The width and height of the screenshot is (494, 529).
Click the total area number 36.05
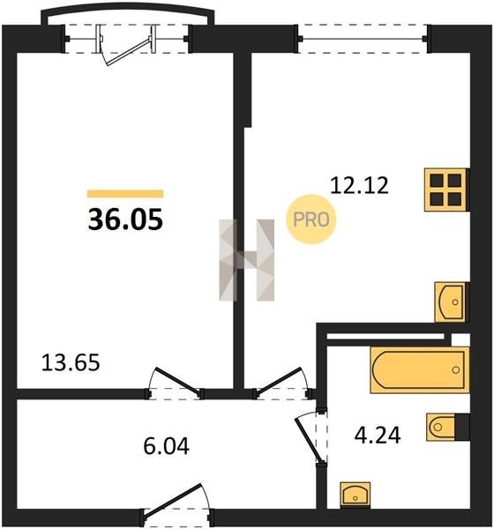coord(125,220)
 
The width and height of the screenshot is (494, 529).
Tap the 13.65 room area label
coord(71,362)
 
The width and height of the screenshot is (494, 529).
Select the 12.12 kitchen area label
coord(359,185)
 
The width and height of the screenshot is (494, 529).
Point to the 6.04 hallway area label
coord(166,446)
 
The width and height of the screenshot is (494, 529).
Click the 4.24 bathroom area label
coord(378,436)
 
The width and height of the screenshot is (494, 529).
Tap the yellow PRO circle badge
coord(311,220)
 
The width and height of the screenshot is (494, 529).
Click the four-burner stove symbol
coord(446,190)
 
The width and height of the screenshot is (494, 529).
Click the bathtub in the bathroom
coord(420,369)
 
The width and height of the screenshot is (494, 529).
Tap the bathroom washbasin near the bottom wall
coord(356,495)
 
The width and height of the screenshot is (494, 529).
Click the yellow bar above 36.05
coord(125,194)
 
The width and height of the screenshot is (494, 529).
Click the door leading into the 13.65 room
coord(175,383)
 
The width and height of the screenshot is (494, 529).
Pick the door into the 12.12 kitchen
coord(283,383)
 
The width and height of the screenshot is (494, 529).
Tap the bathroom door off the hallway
coord(311,437)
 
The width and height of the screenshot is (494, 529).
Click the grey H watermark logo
coord(246,260)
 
